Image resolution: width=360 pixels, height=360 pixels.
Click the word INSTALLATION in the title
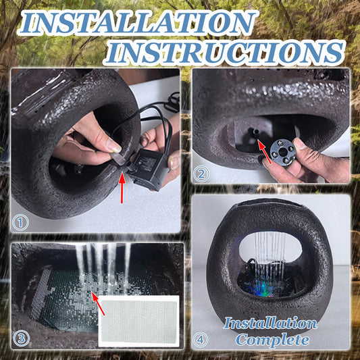click(138, 22)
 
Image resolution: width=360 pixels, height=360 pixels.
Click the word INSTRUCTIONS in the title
click(225, 53)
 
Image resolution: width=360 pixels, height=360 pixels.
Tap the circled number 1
click(20, 222)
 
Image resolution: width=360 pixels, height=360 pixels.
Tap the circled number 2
click(201, 174)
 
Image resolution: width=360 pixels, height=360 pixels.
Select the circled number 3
click(21, 338)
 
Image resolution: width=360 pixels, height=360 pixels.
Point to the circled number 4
click(201, 339)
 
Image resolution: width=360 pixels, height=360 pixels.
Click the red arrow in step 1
click(122, 188)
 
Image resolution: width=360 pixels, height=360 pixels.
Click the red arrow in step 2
click(264, 151)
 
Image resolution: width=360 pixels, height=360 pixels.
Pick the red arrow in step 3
click(98, 303)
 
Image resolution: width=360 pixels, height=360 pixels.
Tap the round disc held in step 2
click(283, 153)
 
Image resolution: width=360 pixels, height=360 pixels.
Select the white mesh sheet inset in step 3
click(139, 322)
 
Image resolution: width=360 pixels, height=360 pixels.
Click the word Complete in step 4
click(272, 340)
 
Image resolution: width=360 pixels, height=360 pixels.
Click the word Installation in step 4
click(270, 324)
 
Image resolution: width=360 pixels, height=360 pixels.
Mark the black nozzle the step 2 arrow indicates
click(255, 132)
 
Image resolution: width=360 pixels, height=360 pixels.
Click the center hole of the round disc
click(283, 152)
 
